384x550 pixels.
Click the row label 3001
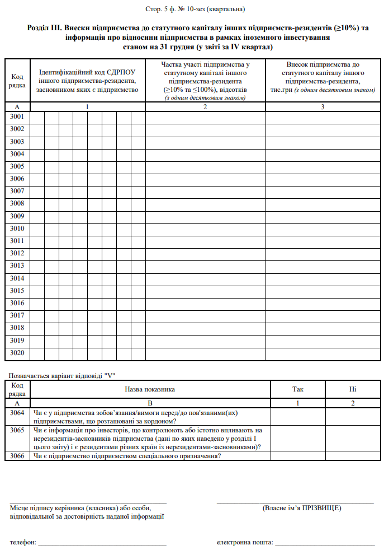click(x=17, y=117)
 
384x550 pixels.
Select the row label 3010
click(x=17, y=229)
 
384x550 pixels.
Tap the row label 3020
click(x=17, y=353)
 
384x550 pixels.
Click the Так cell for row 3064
click(x=298, y=417)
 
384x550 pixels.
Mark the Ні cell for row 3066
click(x=353, y=456)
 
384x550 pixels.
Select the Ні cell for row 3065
click(x=353, y=439)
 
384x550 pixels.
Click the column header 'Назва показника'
click(x=149, y=389)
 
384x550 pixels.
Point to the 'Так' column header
click(x=298, y=389)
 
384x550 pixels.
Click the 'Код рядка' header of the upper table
click(x=17, y=81)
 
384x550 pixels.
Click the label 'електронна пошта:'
click(x=244, y=543)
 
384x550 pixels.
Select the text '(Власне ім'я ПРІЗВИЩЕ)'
click(x=302, y=508)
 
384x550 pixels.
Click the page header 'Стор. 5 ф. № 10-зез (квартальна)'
click(x=192, y=10)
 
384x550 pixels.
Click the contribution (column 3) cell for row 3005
click(x=323, y=166)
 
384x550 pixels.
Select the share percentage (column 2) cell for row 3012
click(x=205, y=253)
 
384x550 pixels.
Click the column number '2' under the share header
click(x=205, y=106)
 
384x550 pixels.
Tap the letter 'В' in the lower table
click(x=149, y=403)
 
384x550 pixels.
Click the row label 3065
click(x=17, y=430)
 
